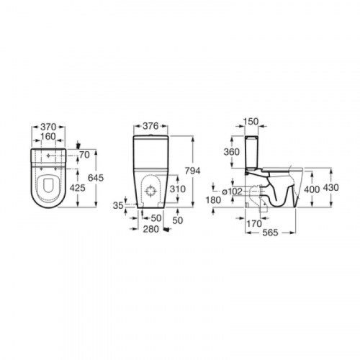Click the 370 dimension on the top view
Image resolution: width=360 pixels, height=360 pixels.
pos(48,127)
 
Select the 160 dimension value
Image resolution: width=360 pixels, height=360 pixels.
pos(48,136)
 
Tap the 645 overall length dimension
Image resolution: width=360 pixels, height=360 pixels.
pos(96,178)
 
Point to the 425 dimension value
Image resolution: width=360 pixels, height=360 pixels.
pos(77,188)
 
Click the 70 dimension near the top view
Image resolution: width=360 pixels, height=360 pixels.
pos(84,155)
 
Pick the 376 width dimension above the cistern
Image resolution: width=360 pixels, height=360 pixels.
pos(150,126)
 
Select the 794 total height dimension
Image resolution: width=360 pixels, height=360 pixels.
pos(192,171)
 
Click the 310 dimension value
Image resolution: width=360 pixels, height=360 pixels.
pos(178,189)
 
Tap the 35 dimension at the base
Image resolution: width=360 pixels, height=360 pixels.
pos(119,206)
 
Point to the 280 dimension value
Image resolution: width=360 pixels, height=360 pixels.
pos(151,229)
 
